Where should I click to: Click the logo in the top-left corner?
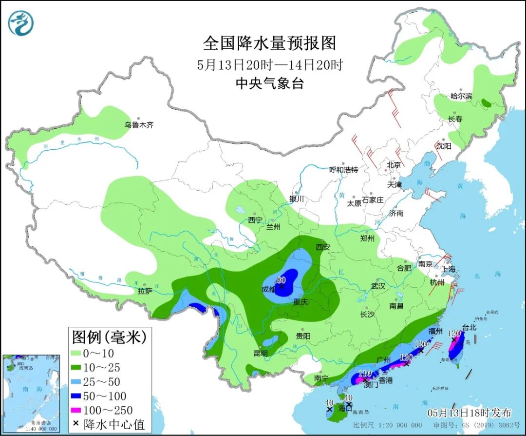pyautogui.click(x=21, y=22)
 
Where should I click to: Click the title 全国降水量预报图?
pyautogui.click(x=269, y=43)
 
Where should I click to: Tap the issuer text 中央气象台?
pyautogui.click(x=269, y=83)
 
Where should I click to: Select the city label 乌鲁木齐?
pyautogui.click(x=139, y=125)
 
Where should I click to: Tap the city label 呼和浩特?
pyautogui.click(x=343, y=170)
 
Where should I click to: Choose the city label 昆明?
pyautogui.click(x=261, y=353)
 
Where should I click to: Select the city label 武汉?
pyautogui.click(x=378, y=286)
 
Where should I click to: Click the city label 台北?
pyautogui.click(x=470, y=327)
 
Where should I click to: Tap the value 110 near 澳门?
pyautogui.click(x=365, y=374)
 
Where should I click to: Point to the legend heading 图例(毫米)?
pyautogui.click(x=109, y=337)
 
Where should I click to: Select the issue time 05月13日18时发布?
pyautogui.click(x=470, y=413)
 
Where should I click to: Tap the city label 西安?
pyautogui.click(x=322, y=247)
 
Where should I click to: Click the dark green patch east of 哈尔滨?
pyautogui.click(x=486, y=103)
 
